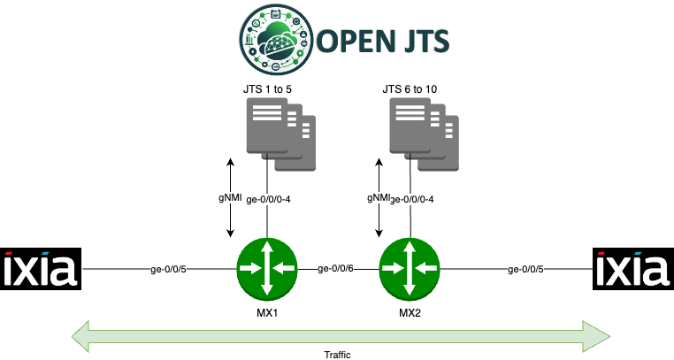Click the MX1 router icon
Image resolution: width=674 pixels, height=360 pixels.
coord(267,266)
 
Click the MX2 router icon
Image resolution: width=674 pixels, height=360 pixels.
coord(409,266)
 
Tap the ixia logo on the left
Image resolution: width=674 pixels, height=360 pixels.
coord(41,268)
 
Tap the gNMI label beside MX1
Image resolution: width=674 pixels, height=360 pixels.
coord(231,198)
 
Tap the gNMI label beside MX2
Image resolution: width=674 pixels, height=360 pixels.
coord(379,198)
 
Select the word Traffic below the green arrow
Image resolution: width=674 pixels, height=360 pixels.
coord(338,352)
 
